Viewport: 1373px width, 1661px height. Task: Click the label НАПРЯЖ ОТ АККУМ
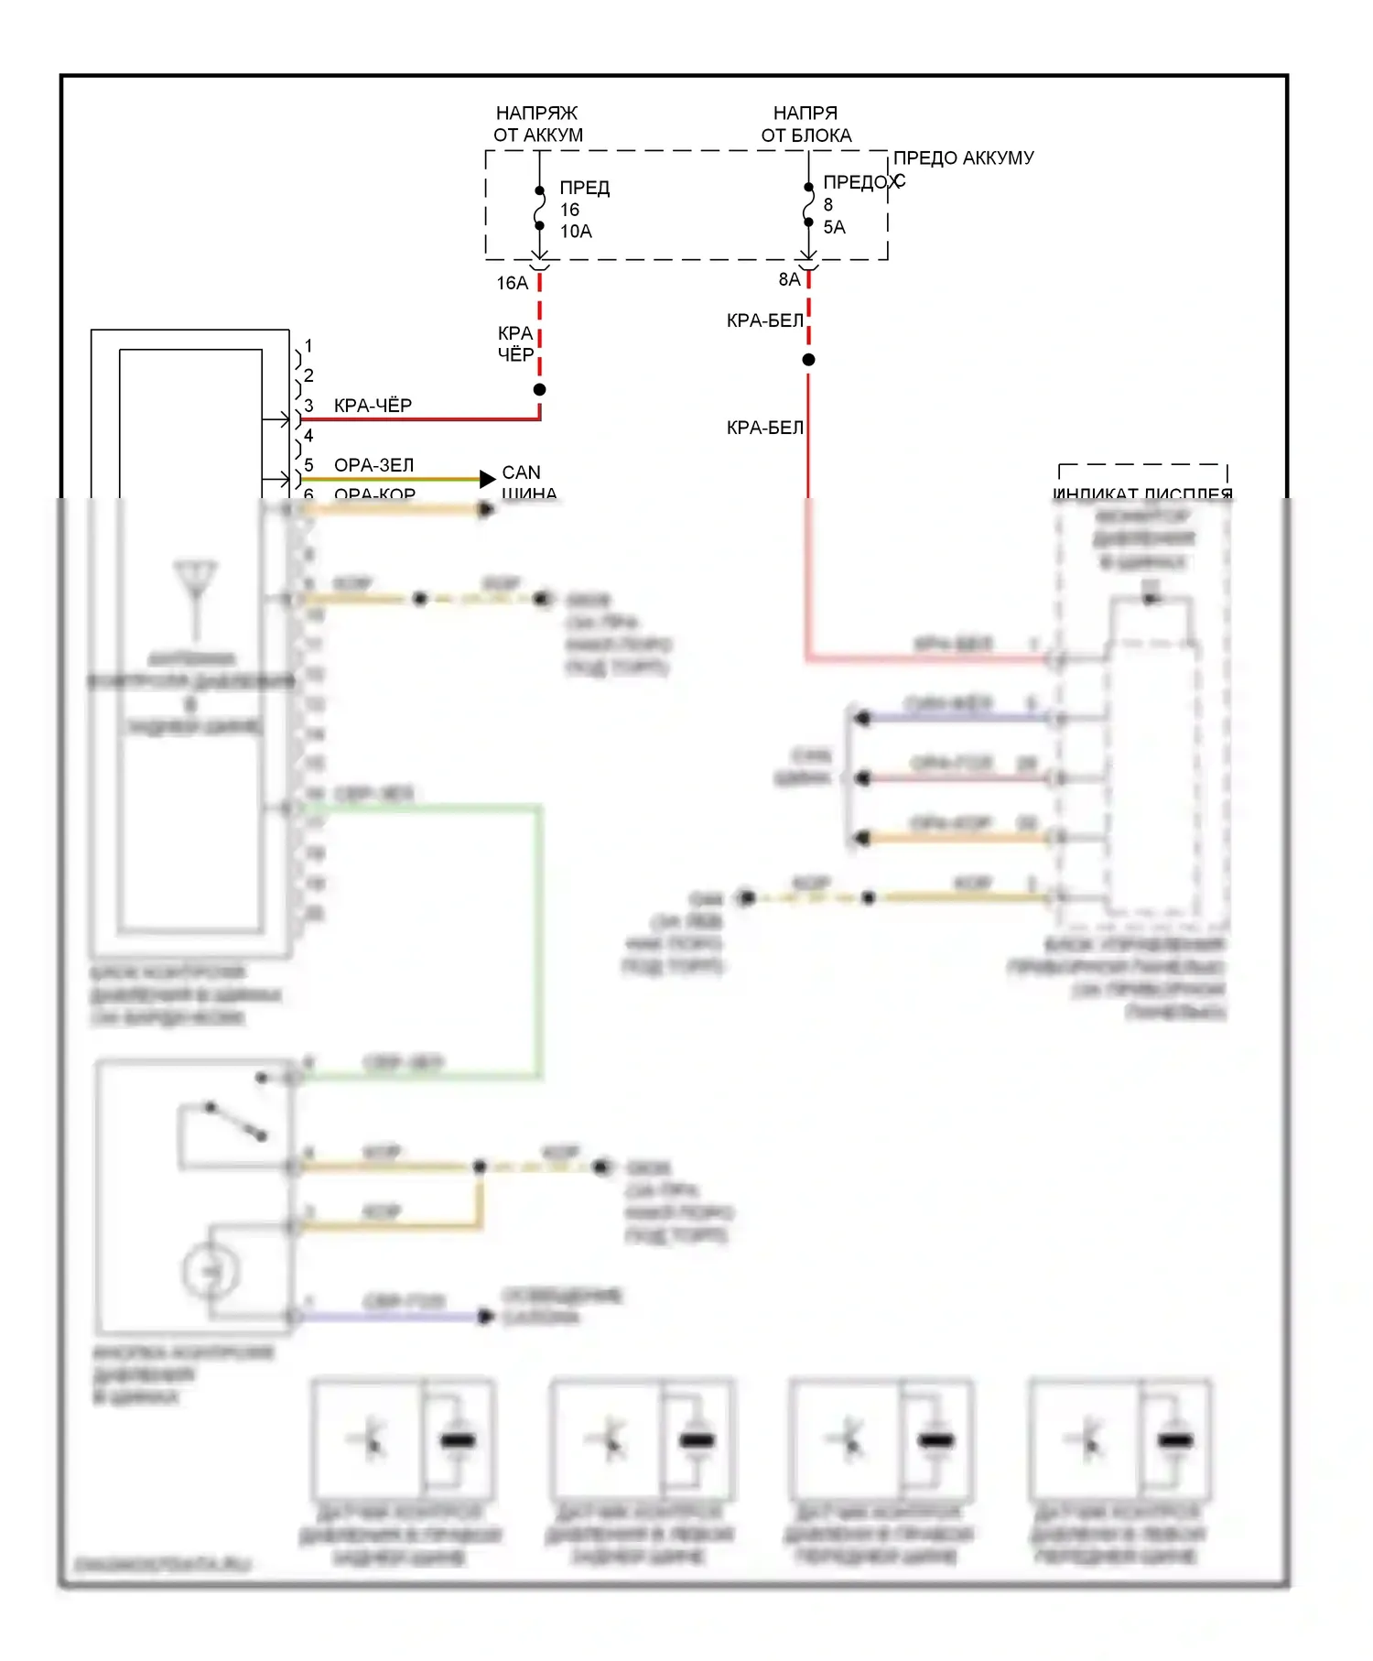coord(537,124)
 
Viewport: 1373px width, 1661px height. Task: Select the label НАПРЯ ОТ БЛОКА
coord(805,124)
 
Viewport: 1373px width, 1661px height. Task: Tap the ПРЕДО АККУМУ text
coord(963,157)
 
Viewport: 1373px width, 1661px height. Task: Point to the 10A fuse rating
coord(576,232)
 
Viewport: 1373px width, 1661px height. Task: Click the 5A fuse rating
coord(834,227)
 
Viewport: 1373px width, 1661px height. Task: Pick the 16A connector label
coord(512,283)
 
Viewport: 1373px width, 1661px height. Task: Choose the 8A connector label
coord(788,279)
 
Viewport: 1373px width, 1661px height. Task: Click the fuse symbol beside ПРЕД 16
coord(539,208)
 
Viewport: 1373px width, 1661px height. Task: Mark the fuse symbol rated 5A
coord(808,204)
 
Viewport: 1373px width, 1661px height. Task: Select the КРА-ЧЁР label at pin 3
coord(373,405)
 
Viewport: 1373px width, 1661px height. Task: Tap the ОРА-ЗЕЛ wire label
coord(373,465)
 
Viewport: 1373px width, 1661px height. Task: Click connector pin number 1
coord(308,346)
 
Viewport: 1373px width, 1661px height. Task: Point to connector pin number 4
coord(308,436)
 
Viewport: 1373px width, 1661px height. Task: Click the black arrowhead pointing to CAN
coord(488,479)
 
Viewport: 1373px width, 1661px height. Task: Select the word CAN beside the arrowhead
coord(521,472)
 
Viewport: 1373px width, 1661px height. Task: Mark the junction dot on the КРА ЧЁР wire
coord(539,390)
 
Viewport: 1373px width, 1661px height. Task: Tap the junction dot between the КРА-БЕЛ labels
coord(808,360)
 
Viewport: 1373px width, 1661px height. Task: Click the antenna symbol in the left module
coord(196,586)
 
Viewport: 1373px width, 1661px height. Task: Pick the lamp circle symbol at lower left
coord(211,1271)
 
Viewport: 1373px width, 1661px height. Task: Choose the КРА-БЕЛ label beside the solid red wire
coord(764,428)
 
